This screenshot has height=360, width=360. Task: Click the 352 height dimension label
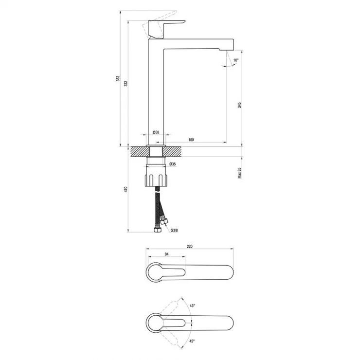click(x=118, y=78)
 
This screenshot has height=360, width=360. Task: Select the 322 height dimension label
click(x=126, y=83)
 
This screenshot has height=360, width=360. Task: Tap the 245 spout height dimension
click(x=240, y=105)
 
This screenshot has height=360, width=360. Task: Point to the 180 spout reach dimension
click(x=191, y=140)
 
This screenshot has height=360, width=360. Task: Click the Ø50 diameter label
click(x=156, y=132)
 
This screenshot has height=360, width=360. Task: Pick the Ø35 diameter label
click(x=172, y=164)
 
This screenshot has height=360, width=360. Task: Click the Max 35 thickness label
click(x=240, y=173)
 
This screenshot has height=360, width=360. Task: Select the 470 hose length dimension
click(x=126, y=189)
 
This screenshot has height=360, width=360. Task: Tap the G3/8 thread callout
click(x=174, y=230)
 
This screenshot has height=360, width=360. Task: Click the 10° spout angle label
click(x=236, y=60)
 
